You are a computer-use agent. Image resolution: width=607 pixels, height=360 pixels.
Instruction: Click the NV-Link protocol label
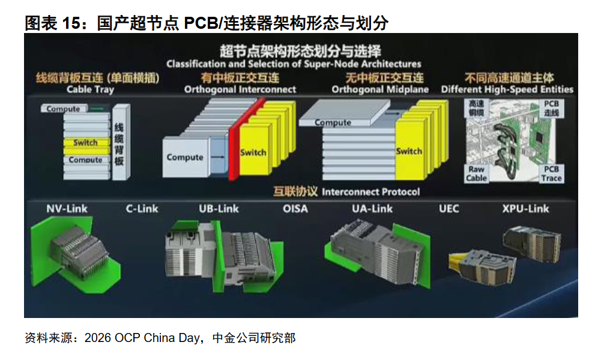point(67,209)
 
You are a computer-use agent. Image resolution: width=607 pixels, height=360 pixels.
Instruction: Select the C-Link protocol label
point(142,209)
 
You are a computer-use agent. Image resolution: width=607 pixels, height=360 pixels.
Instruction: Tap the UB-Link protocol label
point(219,209)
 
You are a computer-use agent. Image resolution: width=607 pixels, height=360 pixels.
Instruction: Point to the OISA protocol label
point(295,209)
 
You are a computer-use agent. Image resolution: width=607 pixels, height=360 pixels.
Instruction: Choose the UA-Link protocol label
point(372,209)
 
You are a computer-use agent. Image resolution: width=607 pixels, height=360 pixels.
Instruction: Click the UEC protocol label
point(449,209)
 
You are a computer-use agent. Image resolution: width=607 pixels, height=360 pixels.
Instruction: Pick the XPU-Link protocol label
point(526,209)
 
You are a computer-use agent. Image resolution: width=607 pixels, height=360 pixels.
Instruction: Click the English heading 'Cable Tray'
point(90,90)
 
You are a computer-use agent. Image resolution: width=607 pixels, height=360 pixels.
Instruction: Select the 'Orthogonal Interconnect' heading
point(240,90)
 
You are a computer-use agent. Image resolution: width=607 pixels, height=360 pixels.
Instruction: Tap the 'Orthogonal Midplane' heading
point(380,90)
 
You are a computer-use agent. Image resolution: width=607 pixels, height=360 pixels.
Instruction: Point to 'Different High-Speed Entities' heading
point(507,90)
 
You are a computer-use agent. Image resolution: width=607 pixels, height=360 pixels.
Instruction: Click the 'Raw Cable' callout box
point(476,173)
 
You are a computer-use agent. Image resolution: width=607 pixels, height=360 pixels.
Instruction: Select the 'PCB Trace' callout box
point(551,173)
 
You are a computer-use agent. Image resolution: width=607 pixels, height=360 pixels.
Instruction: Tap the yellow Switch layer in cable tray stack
point(86,146)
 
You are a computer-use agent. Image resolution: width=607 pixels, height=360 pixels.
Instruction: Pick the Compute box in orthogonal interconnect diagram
point(186,157)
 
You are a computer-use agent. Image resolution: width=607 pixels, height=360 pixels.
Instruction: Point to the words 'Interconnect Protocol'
point(370,192)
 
